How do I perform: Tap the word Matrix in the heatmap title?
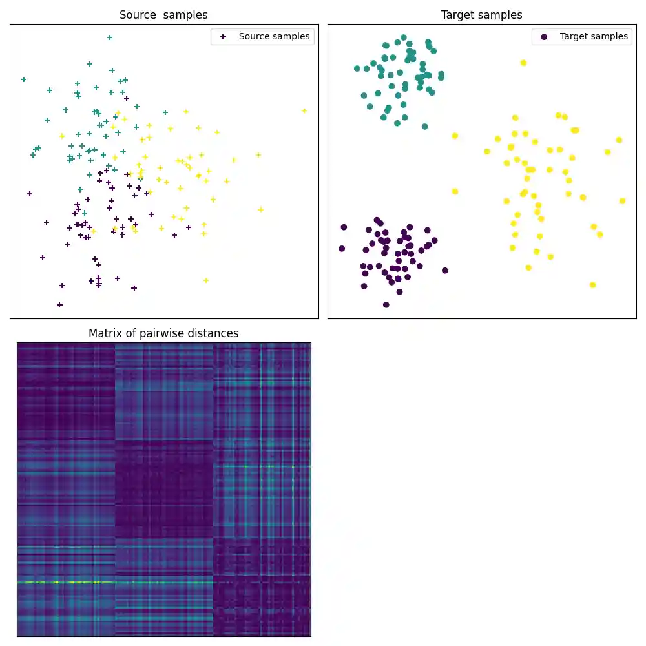click(105, 333)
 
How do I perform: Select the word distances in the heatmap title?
click(212, 333)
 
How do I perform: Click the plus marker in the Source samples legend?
click(223, 37)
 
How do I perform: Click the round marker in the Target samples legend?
click(544, 37)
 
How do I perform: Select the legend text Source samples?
click(274, 37)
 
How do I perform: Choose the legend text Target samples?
click(594, 37)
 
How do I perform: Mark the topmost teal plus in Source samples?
click(110, 37)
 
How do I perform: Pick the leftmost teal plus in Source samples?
click(24, 79)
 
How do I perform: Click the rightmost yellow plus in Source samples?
click(304, 110)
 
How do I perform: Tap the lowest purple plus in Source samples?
click(59, 304)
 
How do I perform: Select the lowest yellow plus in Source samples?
click(205, 280)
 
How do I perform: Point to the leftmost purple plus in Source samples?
click(29, 193)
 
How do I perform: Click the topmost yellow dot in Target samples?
click(523, 63)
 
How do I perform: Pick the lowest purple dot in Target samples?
click(386, 304)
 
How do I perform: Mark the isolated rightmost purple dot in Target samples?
click(444, 271)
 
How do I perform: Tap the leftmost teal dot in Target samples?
click(357, 68)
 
